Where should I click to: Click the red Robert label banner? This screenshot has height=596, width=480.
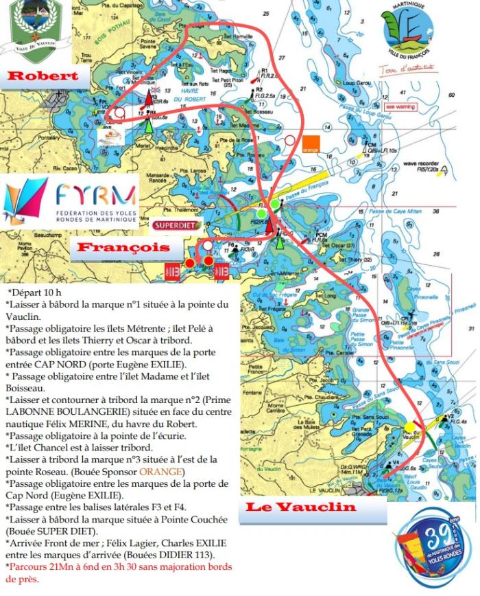tap(43, 75)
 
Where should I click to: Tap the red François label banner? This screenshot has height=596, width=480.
tap(123, 247)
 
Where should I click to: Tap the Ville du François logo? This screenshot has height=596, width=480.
tap(407, 38)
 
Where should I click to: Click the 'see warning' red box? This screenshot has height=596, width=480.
tap(400, 106)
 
